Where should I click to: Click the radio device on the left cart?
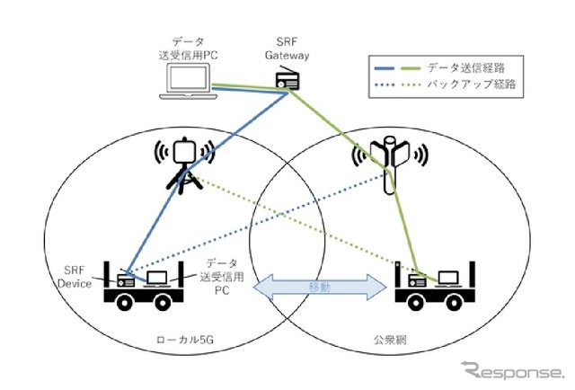(127, 279)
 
